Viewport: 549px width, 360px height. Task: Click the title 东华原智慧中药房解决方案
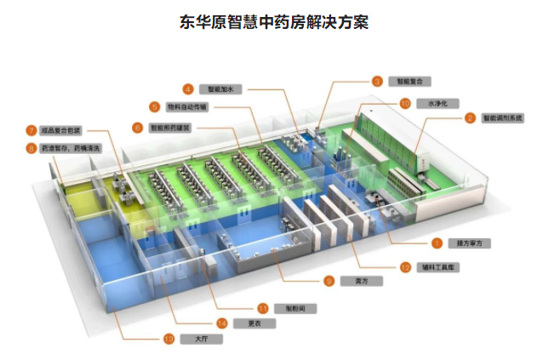point(274,22)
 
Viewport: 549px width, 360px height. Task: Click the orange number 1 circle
point(437,243)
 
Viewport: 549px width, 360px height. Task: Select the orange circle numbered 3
point(376,81)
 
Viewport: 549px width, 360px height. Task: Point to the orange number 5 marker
point(154,106)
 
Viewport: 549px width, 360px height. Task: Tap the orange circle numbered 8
point(31,147)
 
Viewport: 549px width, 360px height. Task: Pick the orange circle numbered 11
point(263,308)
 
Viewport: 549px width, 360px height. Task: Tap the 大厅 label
point(200,339)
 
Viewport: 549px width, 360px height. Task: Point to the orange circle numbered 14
point(221,323)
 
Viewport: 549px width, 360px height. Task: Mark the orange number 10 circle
point(405,102)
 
